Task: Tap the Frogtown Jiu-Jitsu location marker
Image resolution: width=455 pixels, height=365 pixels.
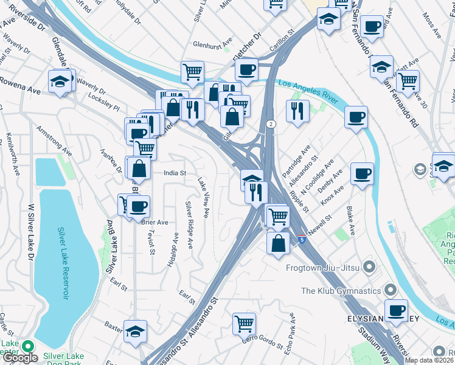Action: coord(369,267)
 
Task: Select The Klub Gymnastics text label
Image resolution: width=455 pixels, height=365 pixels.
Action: coord(341,291)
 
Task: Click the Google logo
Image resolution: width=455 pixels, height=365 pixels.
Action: coord(20,358)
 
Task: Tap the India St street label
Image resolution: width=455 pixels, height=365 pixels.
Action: coord(175,173)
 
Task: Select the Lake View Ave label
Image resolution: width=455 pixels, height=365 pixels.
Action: coord(203,198)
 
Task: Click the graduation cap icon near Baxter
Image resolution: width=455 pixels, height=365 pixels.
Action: coord(135,330)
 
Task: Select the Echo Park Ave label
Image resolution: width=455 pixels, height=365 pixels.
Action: coord(293,327)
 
